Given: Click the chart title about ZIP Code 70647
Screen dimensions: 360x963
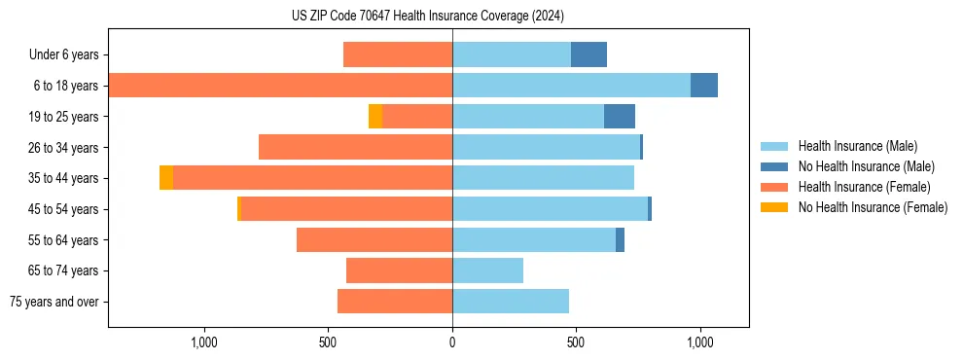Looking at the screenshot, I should coord(428,16).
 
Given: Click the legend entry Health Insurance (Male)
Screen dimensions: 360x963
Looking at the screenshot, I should coord(857,146).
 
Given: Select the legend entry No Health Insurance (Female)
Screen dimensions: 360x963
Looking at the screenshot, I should coord(873,207).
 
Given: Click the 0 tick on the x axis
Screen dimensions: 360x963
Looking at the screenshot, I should coord(452,342).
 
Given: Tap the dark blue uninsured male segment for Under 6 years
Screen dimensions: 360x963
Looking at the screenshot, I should coord(588,54).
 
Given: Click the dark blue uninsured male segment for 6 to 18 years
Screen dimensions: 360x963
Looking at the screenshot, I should coord(704,86).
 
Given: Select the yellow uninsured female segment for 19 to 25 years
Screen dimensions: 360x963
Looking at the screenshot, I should coord(375,117).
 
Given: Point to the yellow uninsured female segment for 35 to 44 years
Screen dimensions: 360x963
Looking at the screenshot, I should coord(166,178).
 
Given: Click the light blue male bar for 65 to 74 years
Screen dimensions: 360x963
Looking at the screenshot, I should coord(487,270).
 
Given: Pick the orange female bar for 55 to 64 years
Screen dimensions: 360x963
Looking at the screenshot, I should coord(374,239).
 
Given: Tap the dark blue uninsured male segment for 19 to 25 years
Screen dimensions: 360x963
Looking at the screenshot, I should coord(620,117).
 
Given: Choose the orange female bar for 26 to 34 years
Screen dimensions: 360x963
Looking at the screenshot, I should coord(355,147).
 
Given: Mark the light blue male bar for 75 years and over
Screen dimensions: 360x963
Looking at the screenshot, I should coord(511,302).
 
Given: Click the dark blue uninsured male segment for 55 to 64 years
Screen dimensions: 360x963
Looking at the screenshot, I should coord(620,239).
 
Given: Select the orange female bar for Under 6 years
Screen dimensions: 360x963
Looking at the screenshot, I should coord(398,54).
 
